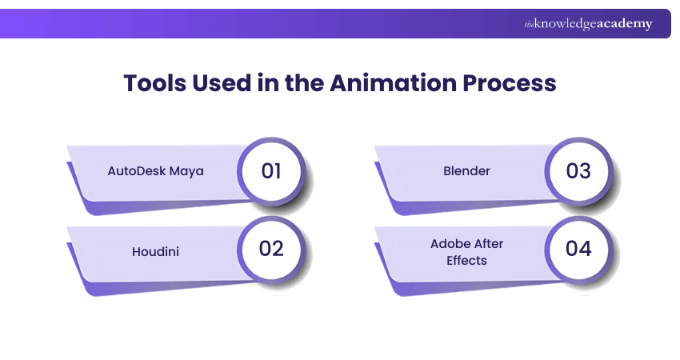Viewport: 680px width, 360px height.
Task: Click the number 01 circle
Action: (x=271, y=171)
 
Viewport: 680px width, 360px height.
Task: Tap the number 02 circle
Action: (x=271, y=249)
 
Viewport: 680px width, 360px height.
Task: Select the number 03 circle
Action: (x=578, y=171)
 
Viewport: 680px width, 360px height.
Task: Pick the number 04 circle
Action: (x=578, y=249)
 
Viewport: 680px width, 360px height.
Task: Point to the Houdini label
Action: (x=155, y=252)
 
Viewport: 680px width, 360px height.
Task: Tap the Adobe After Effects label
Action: (x=466, y=252)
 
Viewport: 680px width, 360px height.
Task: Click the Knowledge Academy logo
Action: (x=588, y=24)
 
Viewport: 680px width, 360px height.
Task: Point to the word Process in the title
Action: (x=513, y=82)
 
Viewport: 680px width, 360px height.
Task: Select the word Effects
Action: (x=466, y=260)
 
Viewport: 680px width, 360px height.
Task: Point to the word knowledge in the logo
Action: (x=564, y=25)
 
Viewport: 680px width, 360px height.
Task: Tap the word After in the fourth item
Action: (x=486, y=244)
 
